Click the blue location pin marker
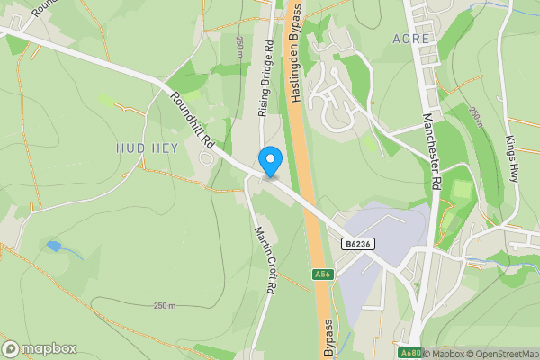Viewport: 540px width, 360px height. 270,161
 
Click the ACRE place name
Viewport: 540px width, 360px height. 411,39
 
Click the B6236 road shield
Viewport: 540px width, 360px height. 357,244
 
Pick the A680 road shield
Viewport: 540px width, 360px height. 409,353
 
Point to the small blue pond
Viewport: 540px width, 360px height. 55,246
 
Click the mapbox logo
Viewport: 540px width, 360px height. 40,348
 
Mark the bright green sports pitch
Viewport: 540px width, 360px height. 461,191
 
